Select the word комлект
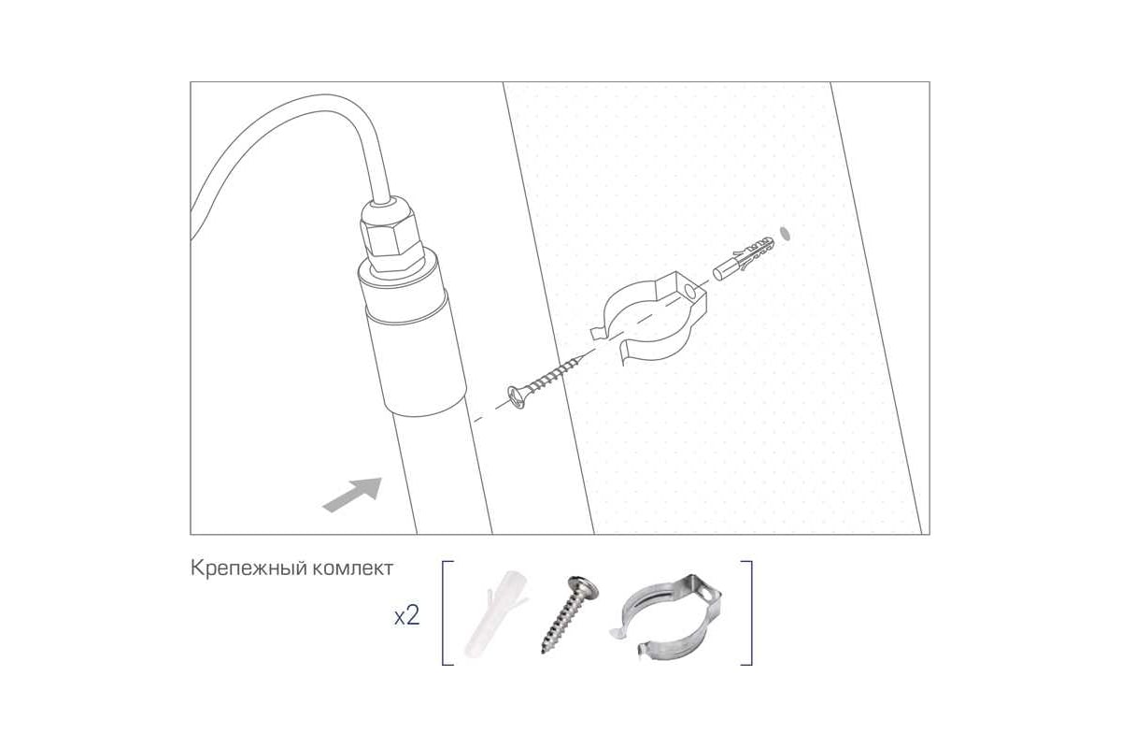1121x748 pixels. point(353,568)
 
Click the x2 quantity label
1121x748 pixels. point(407,616)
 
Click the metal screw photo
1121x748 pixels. point(570,614)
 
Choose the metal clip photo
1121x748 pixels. point(665,617)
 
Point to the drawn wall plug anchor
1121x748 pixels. point(744,258)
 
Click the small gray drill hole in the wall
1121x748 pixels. point(786,234)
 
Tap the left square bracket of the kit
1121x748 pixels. point(447,612)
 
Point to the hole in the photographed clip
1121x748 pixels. point(706,594)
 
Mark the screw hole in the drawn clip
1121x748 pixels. point(690,292)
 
